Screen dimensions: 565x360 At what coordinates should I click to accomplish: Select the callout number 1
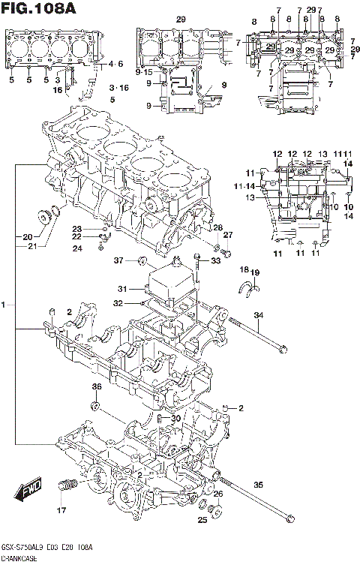click(x=4, y=305)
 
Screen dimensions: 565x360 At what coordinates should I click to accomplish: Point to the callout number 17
click(x=62, y=510)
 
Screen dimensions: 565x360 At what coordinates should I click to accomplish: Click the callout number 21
click(x=31, y=246)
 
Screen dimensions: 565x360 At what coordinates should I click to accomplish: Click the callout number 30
click(x=176, y=419)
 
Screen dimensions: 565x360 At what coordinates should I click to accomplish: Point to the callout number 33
click(x=217, y=261)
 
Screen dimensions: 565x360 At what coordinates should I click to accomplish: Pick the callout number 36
click(x=96, y=386)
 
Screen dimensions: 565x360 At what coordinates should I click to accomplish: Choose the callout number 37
click(x=118, y=260)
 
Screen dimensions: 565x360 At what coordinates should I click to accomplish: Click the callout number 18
click(x=244, y=269)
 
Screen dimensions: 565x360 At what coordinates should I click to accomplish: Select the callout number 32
click(x=118, y=304)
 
